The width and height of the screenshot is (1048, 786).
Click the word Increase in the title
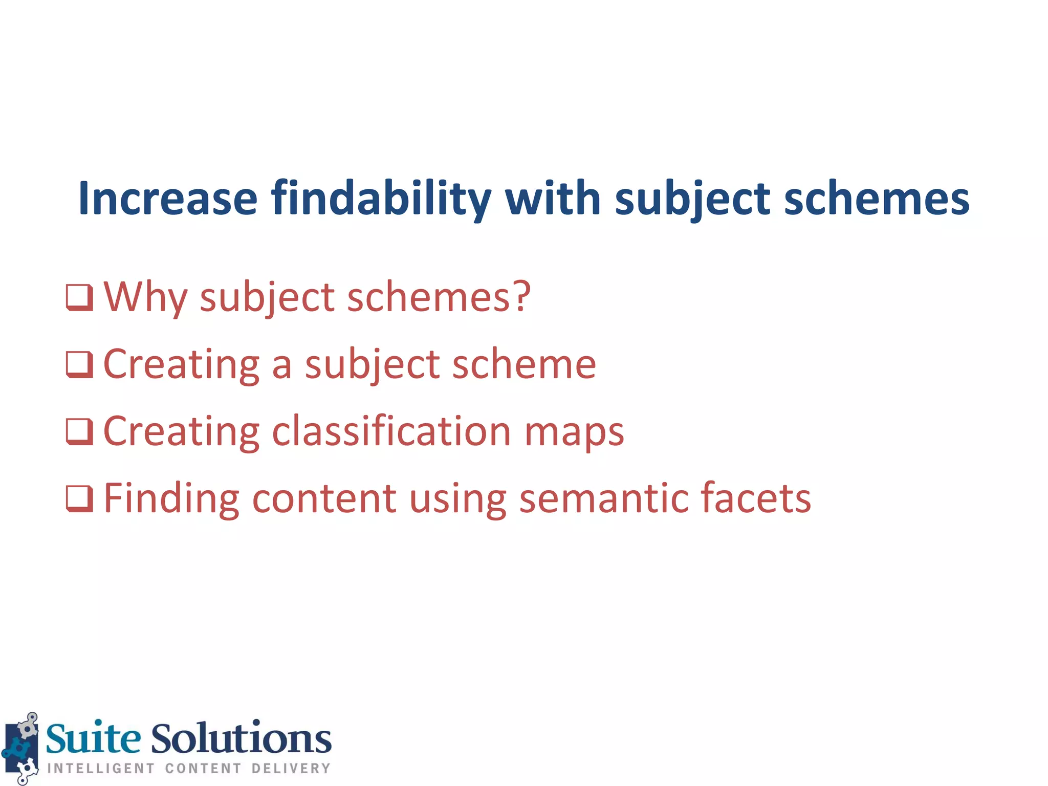tap(167, 199)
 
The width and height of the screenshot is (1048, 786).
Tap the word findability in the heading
tap(381, 199)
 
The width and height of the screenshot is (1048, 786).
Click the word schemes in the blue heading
tap(876, 199)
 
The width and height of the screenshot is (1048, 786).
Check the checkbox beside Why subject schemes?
tap(79, 297)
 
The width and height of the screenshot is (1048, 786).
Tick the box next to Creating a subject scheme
tap(79, 364)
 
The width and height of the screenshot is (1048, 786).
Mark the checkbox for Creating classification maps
tap(79, 431)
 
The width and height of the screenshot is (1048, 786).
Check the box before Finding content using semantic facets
tap(79, 498)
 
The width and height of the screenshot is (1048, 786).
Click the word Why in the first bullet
tap(145, 297)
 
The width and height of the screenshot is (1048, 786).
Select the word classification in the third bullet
tap(390, 431)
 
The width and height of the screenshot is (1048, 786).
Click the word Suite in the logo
tap(93, 739)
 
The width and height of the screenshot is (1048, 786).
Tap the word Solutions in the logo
tap(241, 739)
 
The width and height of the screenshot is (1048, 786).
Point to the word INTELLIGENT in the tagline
tap(101, 769)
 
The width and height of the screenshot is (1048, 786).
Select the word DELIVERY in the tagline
tap(291, 769)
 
